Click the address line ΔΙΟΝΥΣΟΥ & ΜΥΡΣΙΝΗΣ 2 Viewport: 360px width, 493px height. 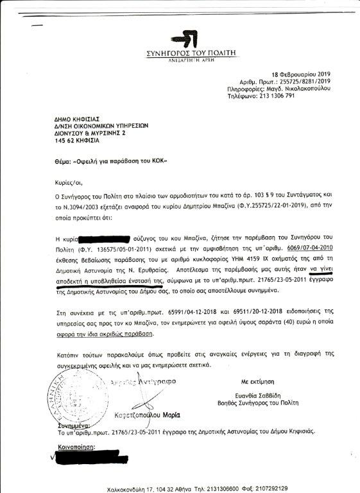tap(73, 133)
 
